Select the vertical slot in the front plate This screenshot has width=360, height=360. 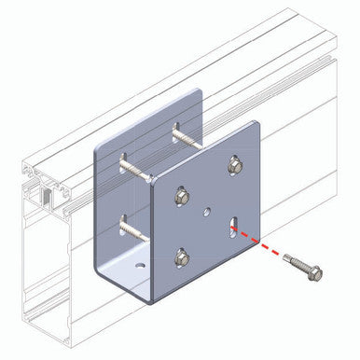click(x=231, y=228)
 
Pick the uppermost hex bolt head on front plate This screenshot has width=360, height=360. click(x=234, y=165)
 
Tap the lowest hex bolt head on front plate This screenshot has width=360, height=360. click(x=184, y=255)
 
